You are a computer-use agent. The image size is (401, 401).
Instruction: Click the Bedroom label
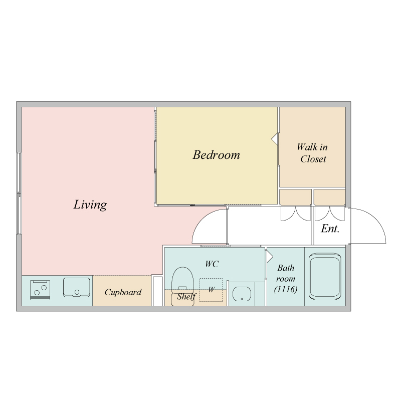(217, 155)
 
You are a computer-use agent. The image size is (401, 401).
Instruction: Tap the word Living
(90, 205)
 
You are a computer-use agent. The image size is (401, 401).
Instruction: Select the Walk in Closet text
(312, 153)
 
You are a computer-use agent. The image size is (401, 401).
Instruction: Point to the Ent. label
(330, 229)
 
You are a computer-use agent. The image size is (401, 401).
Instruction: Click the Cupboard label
(123, 292)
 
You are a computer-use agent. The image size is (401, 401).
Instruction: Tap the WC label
(212, 264)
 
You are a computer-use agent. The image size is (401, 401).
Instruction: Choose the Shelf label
(186, 297)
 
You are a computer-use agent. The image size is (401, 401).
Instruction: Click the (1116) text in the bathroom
(286, 289)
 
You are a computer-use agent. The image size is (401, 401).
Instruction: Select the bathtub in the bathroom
(325, 277)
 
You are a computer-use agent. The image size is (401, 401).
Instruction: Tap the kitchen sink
(77, 287)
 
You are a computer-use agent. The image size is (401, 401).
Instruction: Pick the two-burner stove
(40, 290)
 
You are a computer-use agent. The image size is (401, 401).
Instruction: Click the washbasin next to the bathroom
(242, 294)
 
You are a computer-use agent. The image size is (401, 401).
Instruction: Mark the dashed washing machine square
(211, 290)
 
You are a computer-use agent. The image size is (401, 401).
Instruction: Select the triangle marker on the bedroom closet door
(274, 139)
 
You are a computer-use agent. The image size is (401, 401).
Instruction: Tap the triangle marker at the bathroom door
(270, 257)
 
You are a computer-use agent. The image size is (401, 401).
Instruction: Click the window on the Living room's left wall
(19, 193)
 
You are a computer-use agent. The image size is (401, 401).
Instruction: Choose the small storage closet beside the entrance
(330, 197)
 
